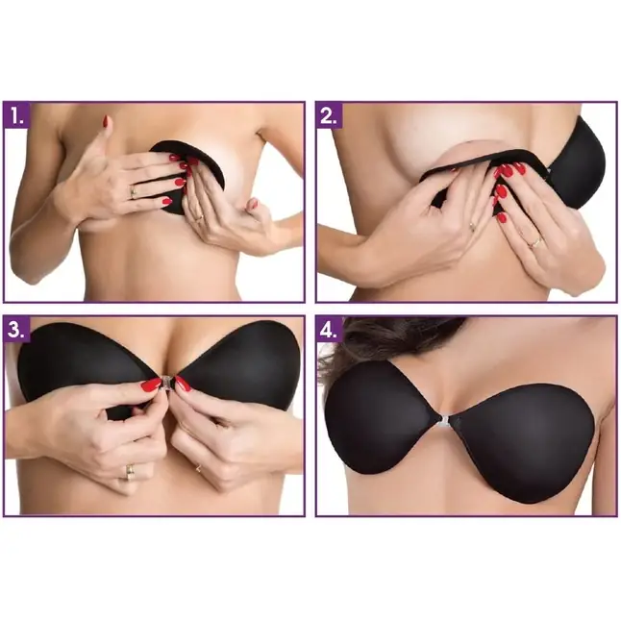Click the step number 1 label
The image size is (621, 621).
(x=17, y=115)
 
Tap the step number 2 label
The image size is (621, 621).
(x=329, y=115)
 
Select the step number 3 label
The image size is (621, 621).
(x=17, y=330)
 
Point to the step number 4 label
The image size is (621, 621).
(x=329, y=330)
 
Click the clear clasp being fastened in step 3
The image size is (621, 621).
(x=166, y=383)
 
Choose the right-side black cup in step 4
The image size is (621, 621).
(x=523, y=443)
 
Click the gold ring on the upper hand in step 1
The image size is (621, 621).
(x=134, y=192)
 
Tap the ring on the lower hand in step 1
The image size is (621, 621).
(x=200, y=217)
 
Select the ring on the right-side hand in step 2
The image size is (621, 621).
(x=535, y=242)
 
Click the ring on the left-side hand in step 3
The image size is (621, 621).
(x=130, y=472)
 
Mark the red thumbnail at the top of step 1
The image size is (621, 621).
(x=106, y=121)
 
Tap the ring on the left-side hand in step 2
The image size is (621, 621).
(x=472, y=227)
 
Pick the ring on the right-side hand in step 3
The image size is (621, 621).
(x=198, y=468)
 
